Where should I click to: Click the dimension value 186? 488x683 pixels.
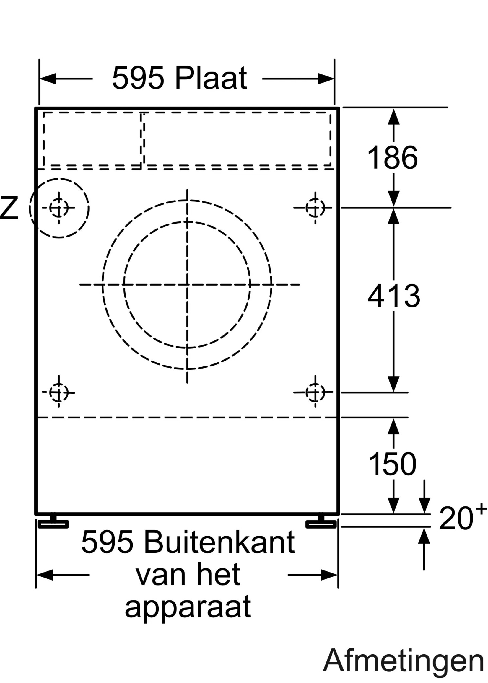[x=393, y=158]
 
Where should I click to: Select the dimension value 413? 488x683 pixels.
[x=394, y=296]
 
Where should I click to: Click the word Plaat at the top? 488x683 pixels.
[x=211, y=78]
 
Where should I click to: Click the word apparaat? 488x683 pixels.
[x=188, y=609]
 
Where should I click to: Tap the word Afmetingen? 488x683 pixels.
[x=404, y=661]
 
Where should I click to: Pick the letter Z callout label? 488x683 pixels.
[x=9, y=208]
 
